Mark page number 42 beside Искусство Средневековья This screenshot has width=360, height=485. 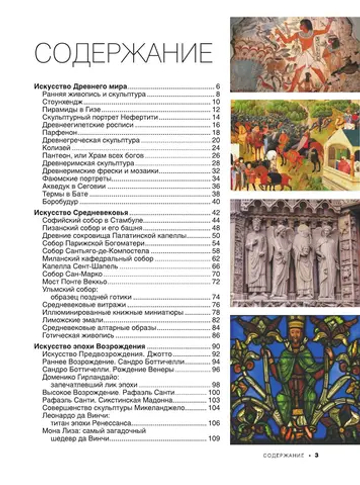tap(215, 214)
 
